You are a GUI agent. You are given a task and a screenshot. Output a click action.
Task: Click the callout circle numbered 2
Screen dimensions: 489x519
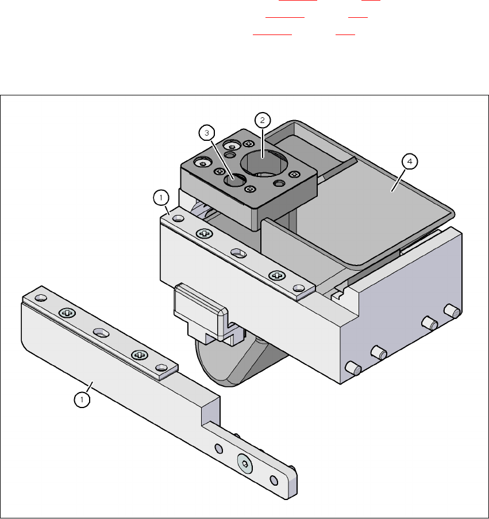[263, 120]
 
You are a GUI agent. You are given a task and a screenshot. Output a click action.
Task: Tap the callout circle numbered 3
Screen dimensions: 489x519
[207, 133]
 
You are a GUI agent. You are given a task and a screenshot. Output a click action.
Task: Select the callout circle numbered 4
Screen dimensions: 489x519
[410, 162]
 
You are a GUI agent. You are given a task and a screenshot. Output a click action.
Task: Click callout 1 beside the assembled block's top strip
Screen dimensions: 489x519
[161, 198]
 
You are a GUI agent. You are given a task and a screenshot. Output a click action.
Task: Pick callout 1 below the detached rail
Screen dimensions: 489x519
[82, 400]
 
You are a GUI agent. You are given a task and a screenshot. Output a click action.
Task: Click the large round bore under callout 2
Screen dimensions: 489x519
[262, 163]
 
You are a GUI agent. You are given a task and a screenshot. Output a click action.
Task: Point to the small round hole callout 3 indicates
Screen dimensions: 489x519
[235, 180]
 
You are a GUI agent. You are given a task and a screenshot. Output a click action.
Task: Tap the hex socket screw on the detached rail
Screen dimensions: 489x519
[245, 463]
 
